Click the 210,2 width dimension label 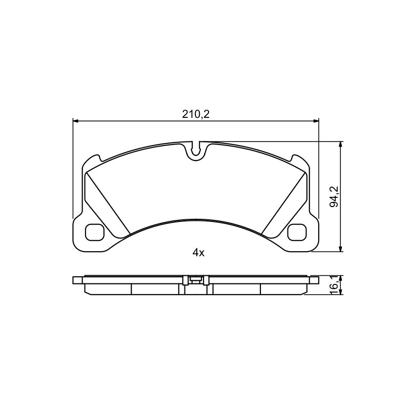click(196, 114)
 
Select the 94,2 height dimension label click(334, 197)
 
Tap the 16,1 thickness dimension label click(334, 286)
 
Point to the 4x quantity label click(198, 253)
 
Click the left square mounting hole click(95, 232)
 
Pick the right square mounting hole click(297, 232)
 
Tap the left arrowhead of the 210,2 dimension click(75, 121)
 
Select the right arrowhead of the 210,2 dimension click(316, 121)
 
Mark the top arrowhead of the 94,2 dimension click(340, 145)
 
